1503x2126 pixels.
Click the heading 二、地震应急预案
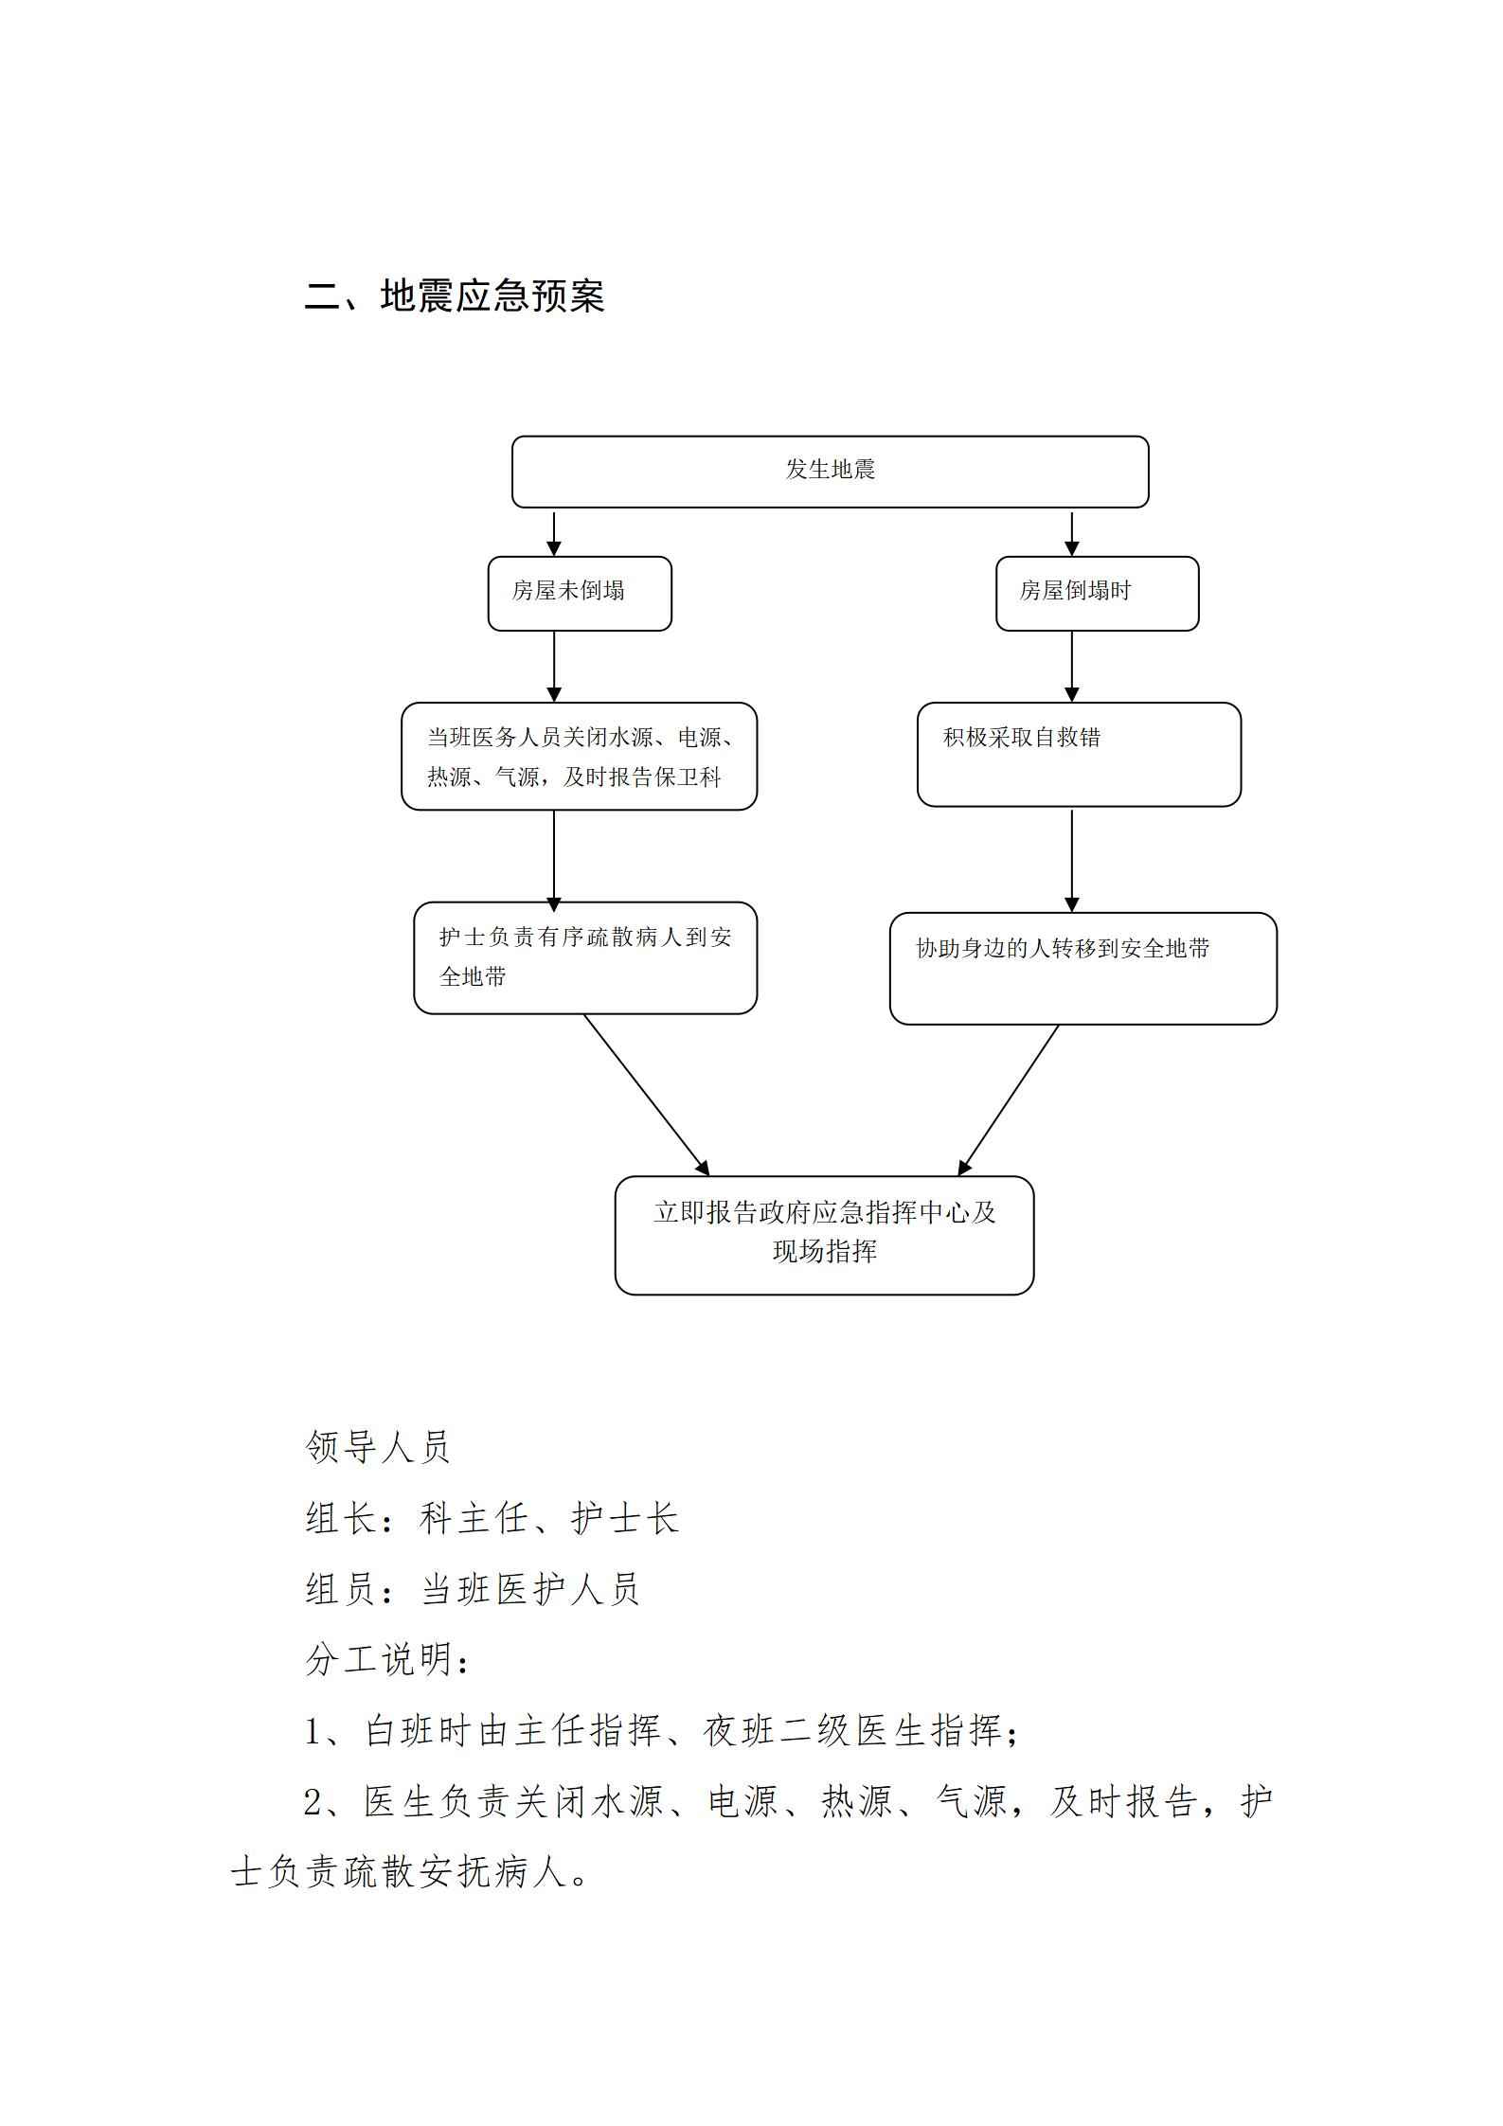tap(455, 295)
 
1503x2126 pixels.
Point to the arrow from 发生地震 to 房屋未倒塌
tap(554, 533)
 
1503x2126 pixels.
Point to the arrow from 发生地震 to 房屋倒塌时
tap(1071, 533)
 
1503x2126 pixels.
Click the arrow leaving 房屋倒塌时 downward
tap(1071, 667)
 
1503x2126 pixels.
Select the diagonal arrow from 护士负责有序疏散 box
tap(646, 1095)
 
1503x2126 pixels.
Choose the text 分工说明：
tap(388, 1659)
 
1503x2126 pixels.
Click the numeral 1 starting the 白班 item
tap(313, 1731)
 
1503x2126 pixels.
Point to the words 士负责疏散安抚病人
tap(409, 1871)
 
